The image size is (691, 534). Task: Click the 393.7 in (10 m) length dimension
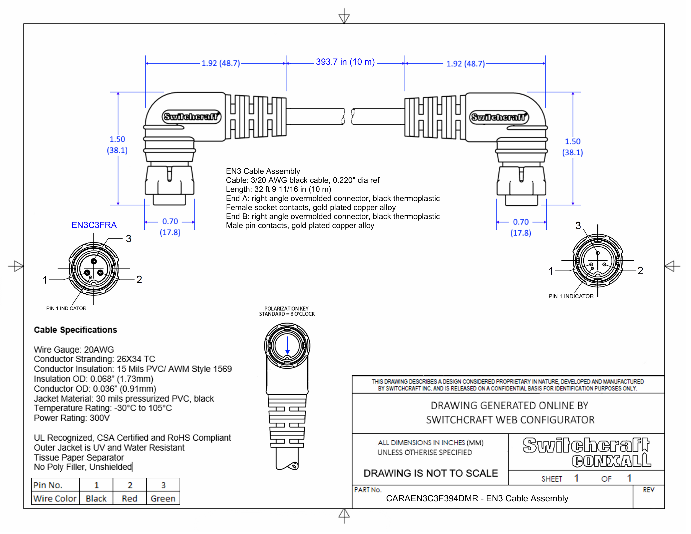click(x=345, y=62)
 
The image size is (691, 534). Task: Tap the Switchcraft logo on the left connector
click(x=191, y=117)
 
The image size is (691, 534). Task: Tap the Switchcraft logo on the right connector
click(x=499, y=117)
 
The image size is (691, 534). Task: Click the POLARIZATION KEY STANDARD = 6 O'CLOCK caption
click(x=287, y=311)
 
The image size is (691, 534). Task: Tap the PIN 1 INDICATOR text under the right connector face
click(x=571, y=296)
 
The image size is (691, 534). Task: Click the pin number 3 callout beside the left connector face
click(x=128, y=239)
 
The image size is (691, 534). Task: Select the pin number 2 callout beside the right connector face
click(x=640, y=271)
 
